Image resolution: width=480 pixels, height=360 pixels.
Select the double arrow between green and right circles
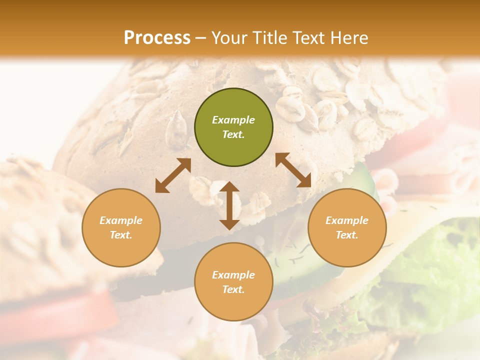click(x=293, y=170)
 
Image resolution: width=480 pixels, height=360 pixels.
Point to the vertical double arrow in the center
click(x=229, y=205)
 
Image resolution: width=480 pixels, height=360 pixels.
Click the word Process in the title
click(x=157, y=37)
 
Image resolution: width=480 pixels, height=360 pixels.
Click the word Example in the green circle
click(x=233, y=120)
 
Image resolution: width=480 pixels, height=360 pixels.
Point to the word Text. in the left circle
click(x=121, y=235)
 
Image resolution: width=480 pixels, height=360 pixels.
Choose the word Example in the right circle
click(x=346, y=220)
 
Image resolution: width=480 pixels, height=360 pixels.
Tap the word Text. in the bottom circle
click(x=233, y=289)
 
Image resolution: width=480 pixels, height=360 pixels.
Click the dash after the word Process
click(x=201, y=38)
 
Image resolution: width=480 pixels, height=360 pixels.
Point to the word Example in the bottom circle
click(x=233, y=275)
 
